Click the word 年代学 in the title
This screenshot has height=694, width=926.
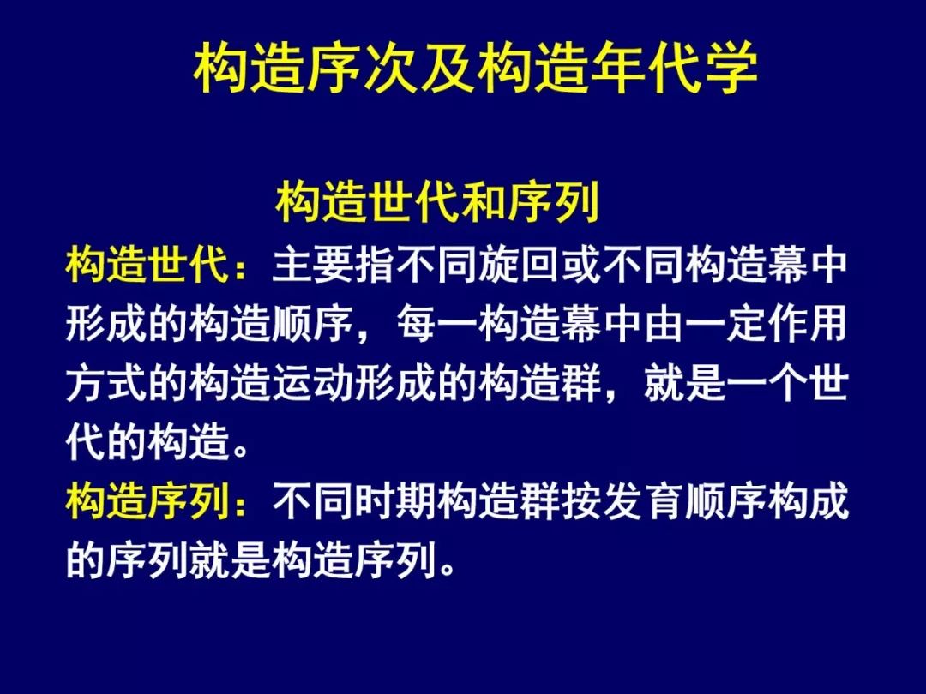(673, 68)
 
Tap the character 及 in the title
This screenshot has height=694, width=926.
(447, 68)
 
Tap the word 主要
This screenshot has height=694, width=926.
(313, 265)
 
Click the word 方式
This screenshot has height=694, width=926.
(106, 383)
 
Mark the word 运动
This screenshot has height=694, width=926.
(313, 383)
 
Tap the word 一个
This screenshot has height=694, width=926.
(767, 383)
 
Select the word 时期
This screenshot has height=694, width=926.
(395, 501)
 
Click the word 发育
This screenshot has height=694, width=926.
(643, 501)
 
